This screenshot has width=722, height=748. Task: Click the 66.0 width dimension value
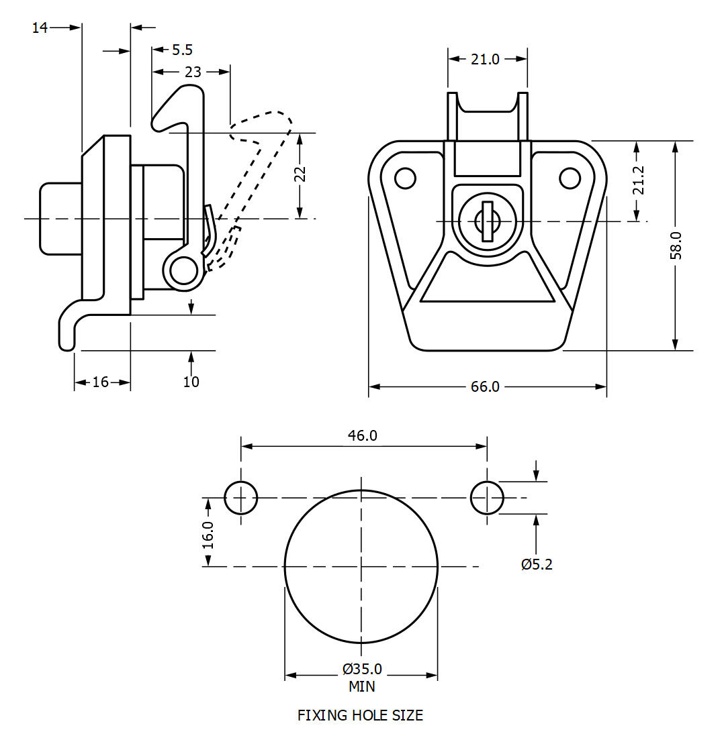point(485,387)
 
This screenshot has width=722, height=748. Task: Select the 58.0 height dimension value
point(675,245)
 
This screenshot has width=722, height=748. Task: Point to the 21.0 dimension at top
point(485,59)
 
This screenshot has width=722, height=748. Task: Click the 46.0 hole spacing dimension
point(363,435)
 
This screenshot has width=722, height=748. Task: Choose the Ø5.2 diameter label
point(536,564)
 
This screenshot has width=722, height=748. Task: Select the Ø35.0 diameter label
point(362,669)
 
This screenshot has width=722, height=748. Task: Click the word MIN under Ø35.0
point(362,686)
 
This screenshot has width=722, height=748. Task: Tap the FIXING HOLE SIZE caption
point(361,715)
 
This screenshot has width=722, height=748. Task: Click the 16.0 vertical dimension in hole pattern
point(208,535)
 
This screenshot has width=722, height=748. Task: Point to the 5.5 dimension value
point(182,50)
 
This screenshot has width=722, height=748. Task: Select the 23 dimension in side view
point(193,72)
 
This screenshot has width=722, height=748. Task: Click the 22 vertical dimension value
point(300,174)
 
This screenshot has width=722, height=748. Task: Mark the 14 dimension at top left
point(40,28)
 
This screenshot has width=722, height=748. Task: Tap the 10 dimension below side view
point(191,382)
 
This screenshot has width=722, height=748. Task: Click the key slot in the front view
point(488,221)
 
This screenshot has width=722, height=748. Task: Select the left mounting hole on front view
point(405,178)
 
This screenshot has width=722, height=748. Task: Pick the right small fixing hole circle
point(487,498)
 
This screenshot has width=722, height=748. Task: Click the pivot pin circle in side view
point(181,271)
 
